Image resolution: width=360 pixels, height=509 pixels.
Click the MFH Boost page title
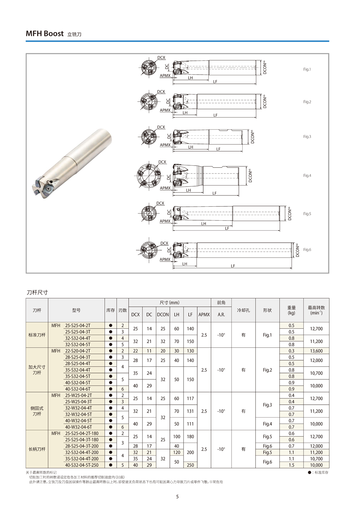[45, 33]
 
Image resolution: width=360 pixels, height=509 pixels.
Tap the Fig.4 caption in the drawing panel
[307, 176]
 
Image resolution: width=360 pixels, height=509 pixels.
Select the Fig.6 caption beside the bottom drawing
[307, 250]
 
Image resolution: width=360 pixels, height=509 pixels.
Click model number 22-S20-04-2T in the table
[78, 351]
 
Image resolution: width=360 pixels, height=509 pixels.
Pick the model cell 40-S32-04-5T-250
[82, 465]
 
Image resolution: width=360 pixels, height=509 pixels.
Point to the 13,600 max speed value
[316, 351]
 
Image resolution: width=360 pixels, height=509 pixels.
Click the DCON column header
[163, 315]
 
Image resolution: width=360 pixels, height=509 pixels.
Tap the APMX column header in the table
[204, 315]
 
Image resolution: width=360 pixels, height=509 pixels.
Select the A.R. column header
[221, 315]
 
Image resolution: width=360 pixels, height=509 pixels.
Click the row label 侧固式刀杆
[37, 411]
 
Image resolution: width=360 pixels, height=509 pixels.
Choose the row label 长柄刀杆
[37, 449]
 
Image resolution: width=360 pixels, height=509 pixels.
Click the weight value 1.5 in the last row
[291, 465]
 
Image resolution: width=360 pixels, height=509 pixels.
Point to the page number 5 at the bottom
[177, 497]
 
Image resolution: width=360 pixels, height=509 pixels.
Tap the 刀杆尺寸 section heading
[37, 292]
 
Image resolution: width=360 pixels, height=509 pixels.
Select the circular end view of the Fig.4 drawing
[148, 177]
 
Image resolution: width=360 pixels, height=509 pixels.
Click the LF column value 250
[190, 465]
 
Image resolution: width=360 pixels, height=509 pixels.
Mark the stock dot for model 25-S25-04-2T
[111, 325]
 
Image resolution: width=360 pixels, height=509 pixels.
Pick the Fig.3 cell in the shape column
[267, 405]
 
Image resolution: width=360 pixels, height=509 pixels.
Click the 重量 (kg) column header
[291, 310]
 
